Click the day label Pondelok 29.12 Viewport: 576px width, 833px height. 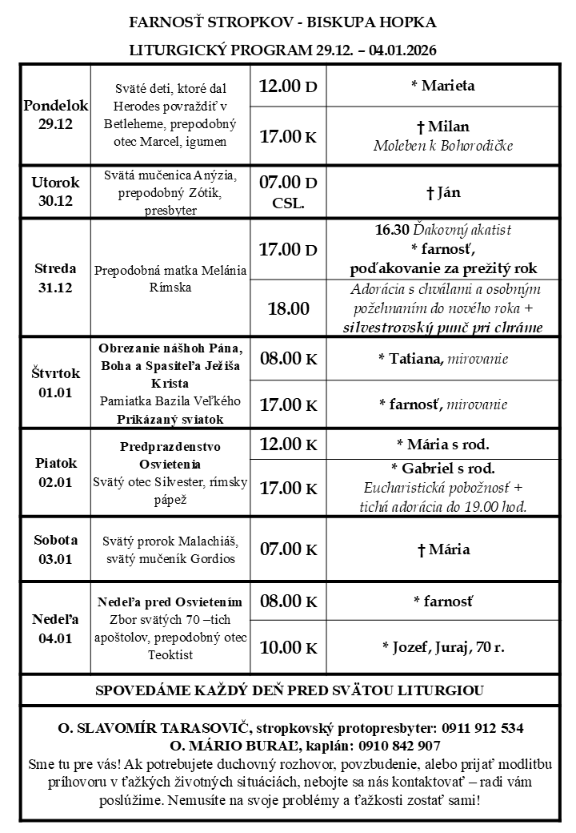pos(55,115)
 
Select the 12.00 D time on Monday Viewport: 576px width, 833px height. pos(288,85)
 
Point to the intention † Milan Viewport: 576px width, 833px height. pos(442,127)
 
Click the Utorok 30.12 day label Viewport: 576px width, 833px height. pos(55,191)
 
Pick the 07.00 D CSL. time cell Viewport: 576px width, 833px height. pos(288,191)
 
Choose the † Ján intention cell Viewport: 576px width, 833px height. pos(442,192)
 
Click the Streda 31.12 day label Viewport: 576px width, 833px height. pos(55,277)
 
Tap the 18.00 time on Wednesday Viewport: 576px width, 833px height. pos(288,308)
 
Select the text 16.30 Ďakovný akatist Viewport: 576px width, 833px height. pos(442,231)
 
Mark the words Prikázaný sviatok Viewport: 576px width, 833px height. pos(170,418)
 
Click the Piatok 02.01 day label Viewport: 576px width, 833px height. pos(55,473)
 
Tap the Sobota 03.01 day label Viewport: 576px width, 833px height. pos(55,549)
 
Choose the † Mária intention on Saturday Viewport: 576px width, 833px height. pos(442,549)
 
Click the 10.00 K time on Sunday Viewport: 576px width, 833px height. pos(288,647)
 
